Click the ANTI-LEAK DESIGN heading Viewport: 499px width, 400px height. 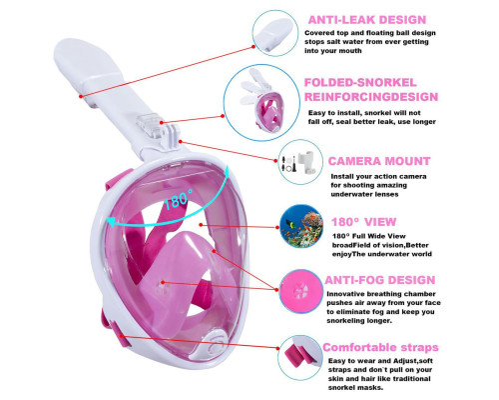click(x=367, y=20)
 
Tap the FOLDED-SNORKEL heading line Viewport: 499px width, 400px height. click(x=360, y=83)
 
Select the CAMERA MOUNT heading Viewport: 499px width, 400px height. click(x=379, y=161)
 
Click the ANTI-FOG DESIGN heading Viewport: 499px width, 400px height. click(x=380, y=280)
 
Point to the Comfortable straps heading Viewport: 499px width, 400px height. click(x=380, y=347)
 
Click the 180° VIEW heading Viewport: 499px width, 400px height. click(x=363, y=222)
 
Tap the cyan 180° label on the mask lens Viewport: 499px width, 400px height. click(x=178, y=199)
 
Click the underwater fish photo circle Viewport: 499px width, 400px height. click(x=301, y=226)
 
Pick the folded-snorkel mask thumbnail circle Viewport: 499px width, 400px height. click(x=261, y=102)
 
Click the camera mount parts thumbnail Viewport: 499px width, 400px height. click(x=300, y=162)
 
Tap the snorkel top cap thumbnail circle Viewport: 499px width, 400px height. click(x=275, y=33)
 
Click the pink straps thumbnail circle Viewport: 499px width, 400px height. click(x=300, y=358)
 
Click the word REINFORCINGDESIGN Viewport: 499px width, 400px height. click(x=371, y=97)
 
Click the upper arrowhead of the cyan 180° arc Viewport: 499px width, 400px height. click(x=227, y=172)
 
